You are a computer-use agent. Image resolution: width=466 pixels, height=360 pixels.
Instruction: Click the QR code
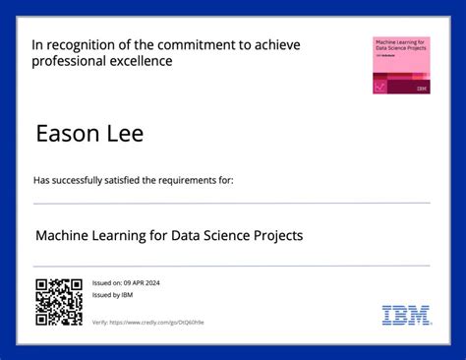click(58, 301)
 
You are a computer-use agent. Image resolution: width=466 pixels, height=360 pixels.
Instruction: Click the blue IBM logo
click(405, 315)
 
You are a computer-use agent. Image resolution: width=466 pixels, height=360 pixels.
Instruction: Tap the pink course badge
click(400, 66)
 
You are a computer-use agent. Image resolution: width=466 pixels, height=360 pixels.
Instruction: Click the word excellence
click(138, 61)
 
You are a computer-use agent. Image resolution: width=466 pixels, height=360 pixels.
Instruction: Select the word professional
click(67, 61)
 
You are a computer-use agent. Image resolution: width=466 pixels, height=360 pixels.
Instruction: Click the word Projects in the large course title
click(274, 235)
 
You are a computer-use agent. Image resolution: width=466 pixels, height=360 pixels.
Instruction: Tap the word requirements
click(189, 181)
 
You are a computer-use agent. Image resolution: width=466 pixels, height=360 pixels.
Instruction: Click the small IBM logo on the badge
click(422, 88)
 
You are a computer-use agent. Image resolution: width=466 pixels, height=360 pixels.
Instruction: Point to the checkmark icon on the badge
click(380, 87)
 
